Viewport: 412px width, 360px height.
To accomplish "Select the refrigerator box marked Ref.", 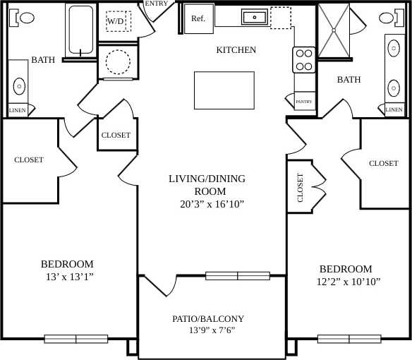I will coord(198,18).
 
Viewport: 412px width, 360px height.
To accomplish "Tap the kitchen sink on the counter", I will coord(253,17).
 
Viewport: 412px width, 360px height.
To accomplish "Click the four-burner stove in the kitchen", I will coord(304,60).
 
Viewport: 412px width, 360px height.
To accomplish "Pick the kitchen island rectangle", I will coord(225,90).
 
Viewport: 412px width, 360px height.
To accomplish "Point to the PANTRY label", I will coord(304,102).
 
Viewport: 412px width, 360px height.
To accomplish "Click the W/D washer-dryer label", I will coord(116,22).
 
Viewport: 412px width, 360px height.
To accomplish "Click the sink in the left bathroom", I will coord(19,87).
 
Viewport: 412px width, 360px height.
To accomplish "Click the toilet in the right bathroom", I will coord(388,18).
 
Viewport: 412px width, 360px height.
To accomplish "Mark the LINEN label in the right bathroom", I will coord(394,109).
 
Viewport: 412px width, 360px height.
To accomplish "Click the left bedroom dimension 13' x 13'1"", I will coord(66,277).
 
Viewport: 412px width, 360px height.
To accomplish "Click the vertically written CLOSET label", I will coord(300,188).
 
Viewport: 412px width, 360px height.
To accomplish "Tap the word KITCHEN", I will coord(236,50).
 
